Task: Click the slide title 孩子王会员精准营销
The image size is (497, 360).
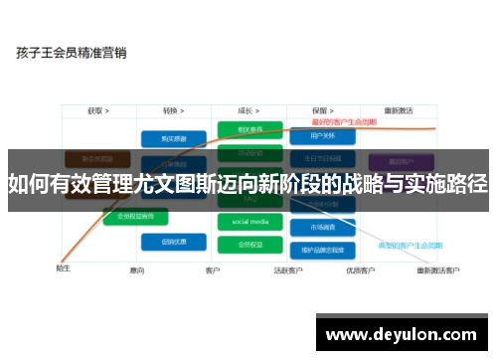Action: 71,53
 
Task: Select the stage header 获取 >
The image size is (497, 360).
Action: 96,110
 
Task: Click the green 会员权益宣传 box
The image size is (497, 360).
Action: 135,215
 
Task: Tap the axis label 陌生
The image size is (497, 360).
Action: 63,267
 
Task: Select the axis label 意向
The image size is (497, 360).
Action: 137,270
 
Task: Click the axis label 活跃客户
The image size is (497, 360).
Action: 288,270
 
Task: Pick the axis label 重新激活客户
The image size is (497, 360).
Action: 437,270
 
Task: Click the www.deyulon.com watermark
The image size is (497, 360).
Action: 403,331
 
